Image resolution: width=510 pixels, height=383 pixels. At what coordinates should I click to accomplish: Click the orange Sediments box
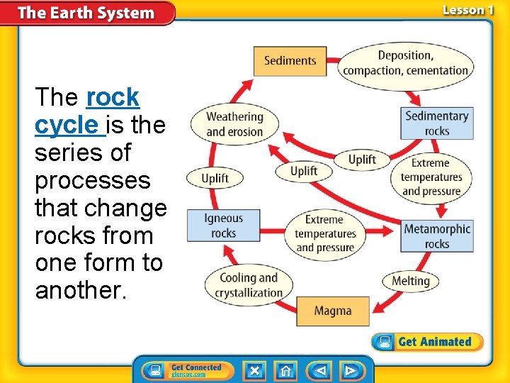click(x=290, y=60)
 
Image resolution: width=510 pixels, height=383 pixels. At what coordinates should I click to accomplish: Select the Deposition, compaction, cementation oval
click(x=405, y=63)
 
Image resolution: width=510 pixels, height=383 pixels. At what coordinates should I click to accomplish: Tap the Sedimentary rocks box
click(x=437, y=123)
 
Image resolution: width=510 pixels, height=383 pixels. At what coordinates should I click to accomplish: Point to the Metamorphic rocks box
click(x=437, y=236)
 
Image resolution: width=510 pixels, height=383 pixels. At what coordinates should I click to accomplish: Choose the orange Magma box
click(x=332, y=311)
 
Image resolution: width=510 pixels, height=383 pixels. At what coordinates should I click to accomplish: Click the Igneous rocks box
click(x=223, y=226)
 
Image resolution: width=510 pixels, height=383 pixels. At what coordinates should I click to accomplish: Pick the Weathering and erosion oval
click(x=234, y=123)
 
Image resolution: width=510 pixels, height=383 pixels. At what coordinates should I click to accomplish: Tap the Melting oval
click(x=411, y=281)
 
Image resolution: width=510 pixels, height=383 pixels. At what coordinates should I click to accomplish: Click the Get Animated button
click(x=427, y=342)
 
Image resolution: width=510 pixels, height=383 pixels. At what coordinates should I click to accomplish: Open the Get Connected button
click(x=186, y=370)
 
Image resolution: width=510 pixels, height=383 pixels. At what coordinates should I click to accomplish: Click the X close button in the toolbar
click(x=255, y=370)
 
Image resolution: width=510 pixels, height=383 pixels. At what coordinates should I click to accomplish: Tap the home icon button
click(x=285, y=370)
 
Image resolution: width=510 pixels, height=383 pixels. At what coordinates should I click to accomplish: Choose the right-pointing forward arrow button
click(x=350, y=370)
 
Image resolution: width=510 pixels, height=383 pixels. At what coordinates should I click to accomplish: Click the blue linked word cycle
click(x=68, y=125)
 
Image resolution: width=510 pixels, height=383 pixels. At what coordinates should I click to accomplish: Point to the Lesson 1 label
click(x=467, y=10)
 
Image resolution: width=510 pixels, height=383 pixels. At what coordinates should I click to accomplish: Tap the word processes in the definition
click(x=92, y=180)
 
